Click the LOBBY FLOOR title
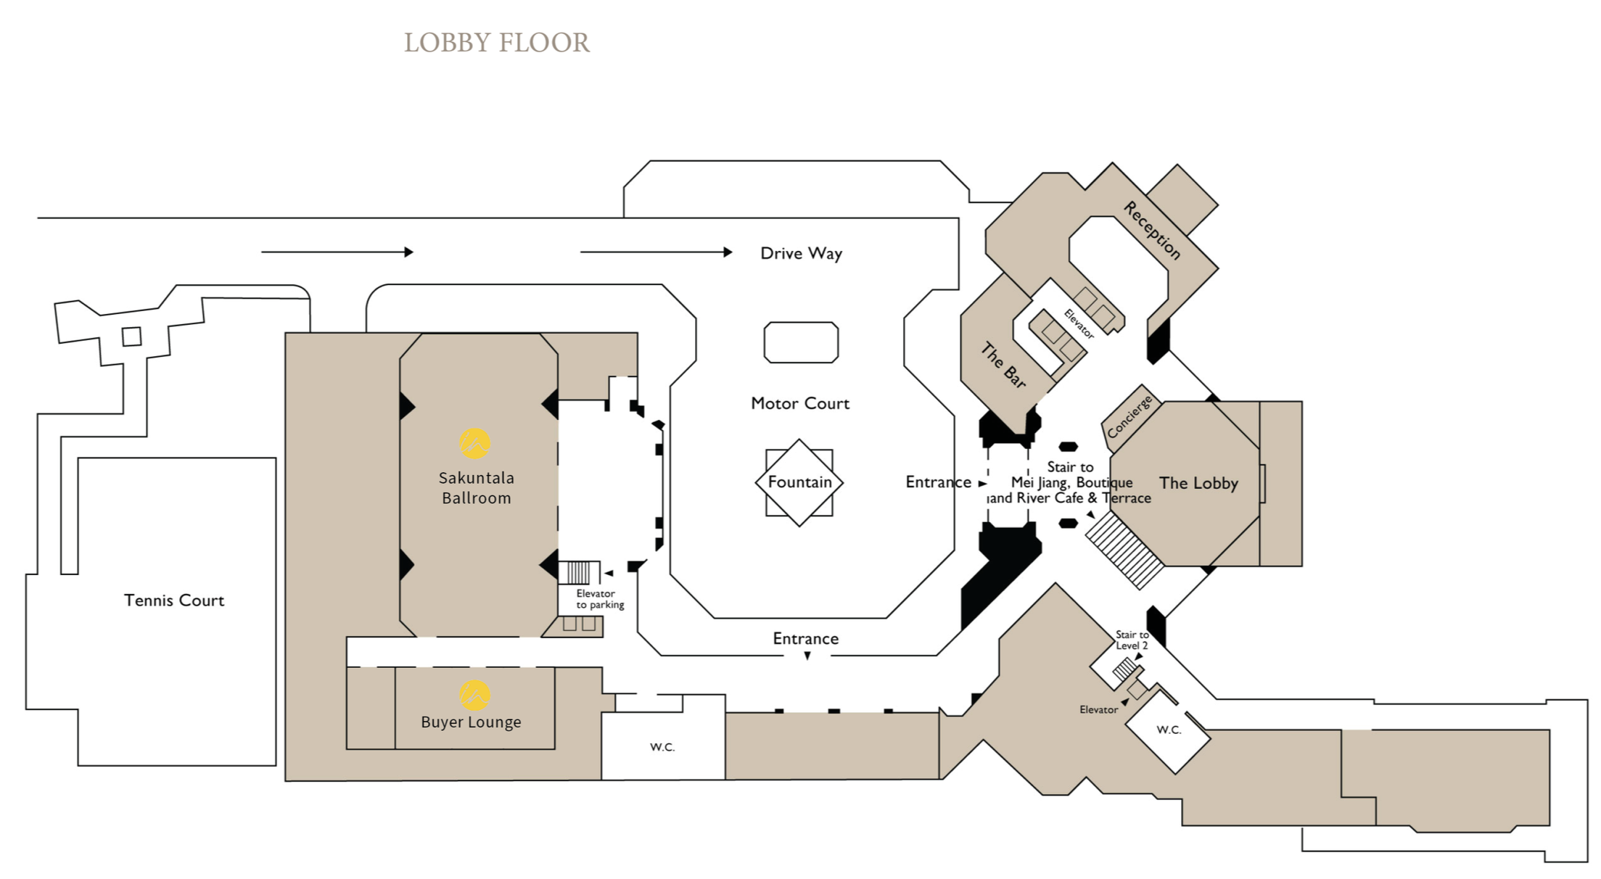497,43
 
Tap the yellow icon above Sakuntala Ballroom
475,443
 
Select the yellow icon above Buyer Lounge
475,695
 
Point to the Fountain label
799,482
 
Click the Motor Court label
799,403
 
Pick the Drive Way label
801,253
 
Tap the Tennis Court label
174,601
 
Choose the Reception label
1152,230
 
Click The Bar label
1003,365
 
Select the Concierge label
1129,417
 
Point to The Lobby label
1198,483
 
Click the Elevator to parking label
599,599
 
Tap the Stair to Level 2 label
1132,640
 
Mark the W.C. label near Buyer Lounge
662,747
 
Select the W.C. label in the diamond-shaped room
1169,730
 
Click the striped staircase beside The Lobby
1124,550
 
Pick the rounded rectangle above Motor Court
801,342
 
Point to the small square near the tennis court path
131,337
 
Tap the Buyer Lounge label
471,722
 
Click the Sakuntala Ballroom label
477,488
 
